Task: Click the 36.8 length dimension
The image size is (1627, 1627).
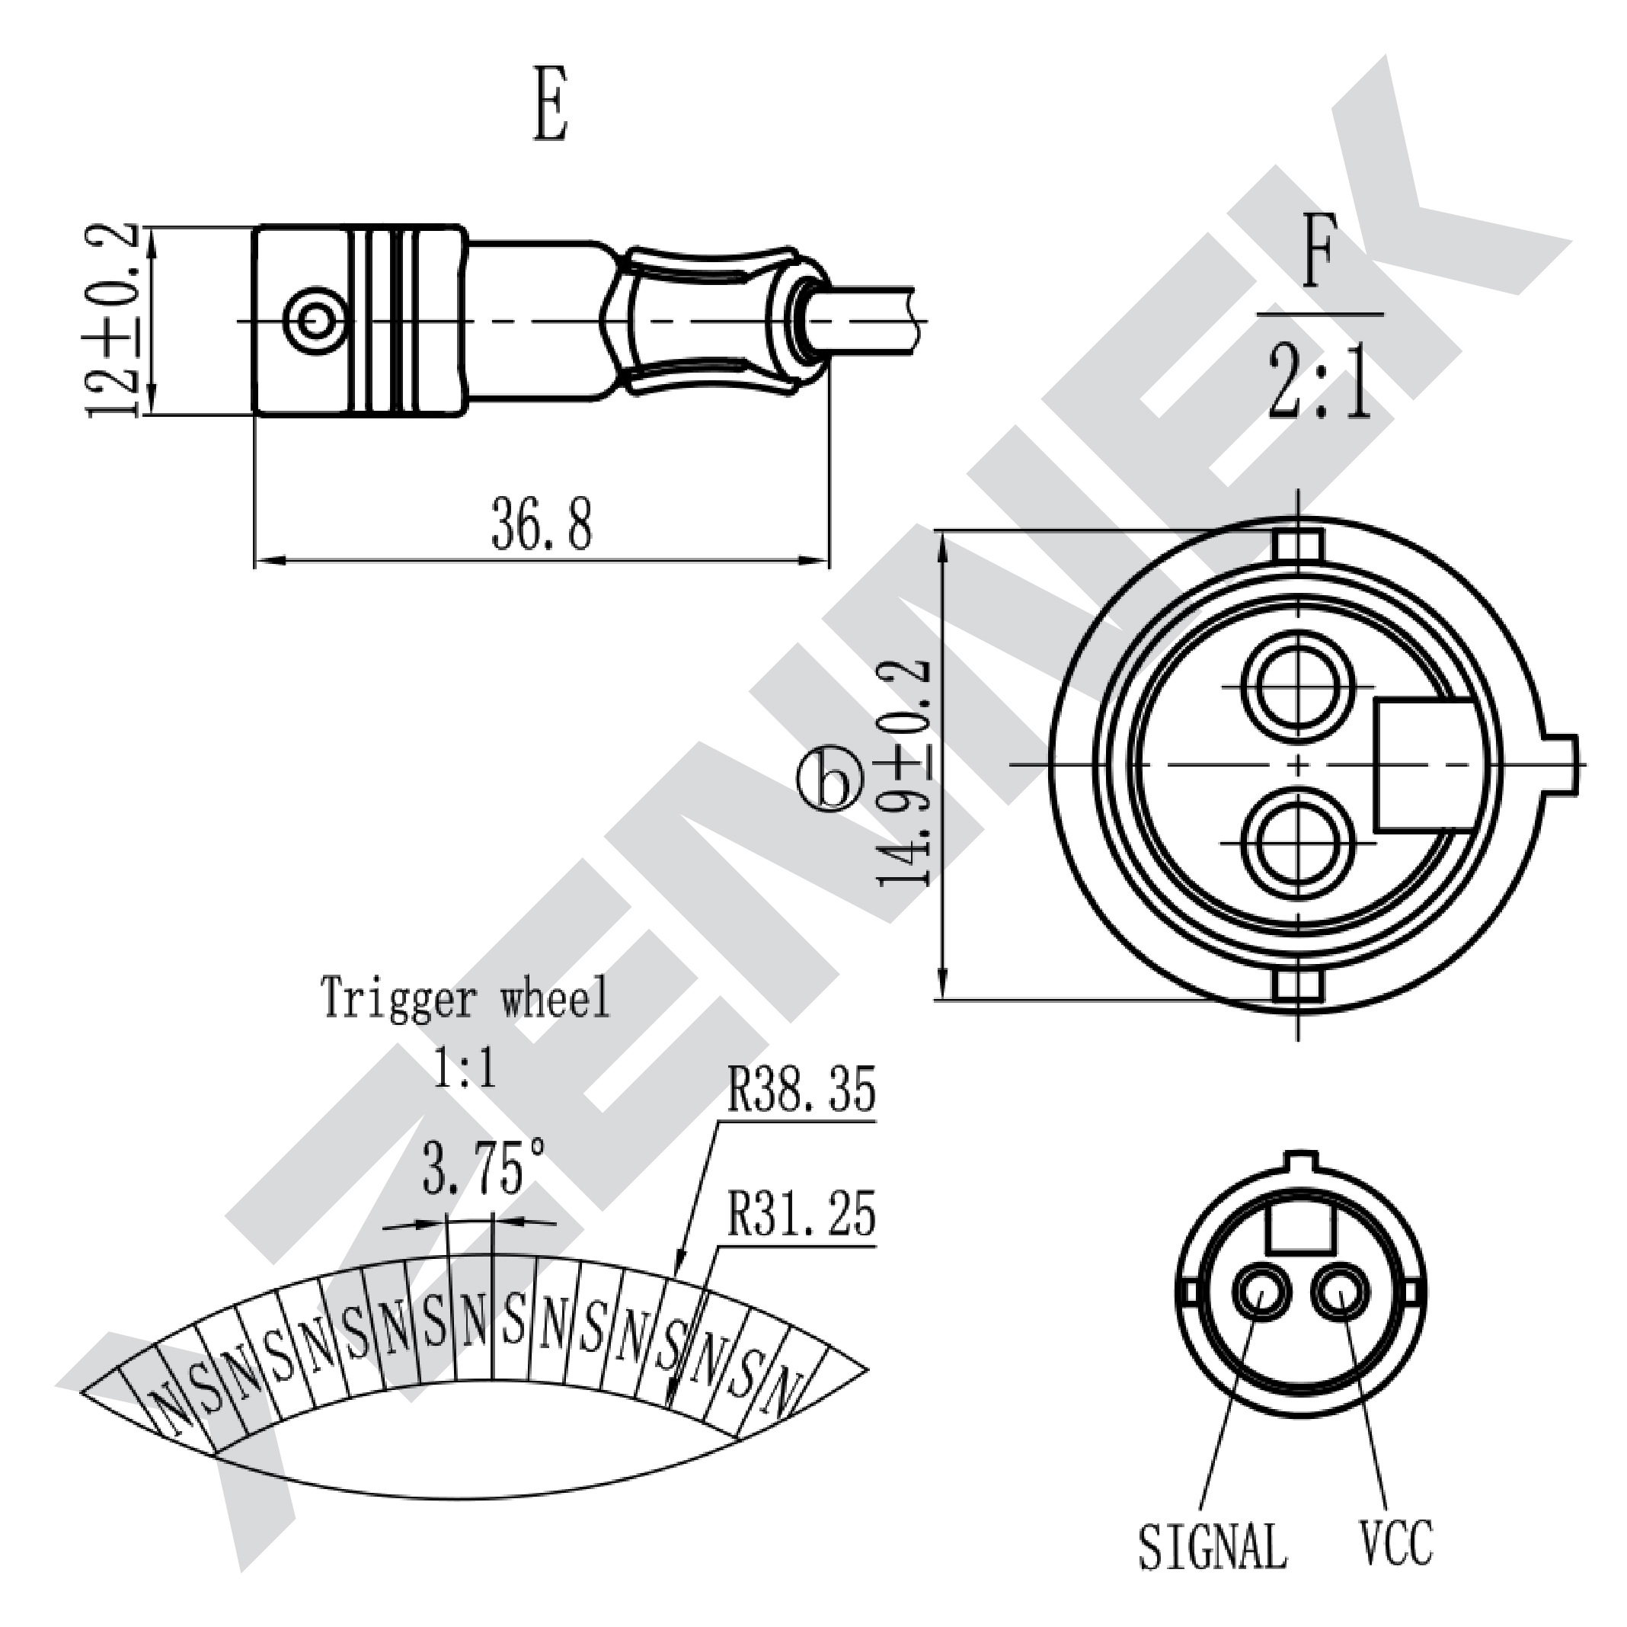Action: click(542, 524)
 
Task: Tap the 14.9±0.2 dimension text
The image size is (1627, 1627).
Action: click(904, 773)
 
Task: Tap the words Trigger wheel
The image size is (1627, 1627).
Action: click(465, 998)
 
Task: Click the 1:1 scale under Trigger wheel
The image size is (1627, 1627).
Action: click(464, 1069)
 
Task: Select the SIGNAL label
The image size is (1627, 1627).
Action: click(1213, 1546)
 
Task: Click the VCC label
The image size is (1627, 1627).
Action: click(1396, 1541)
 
